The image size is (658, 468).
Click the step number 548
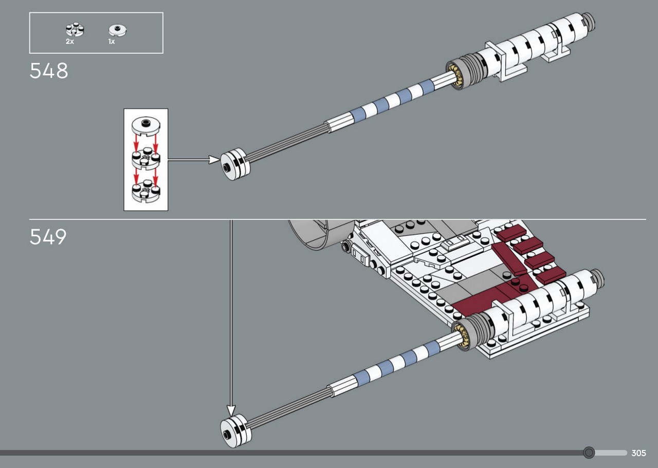coord(48,71)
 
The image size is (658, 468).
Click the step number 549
coord(48,237)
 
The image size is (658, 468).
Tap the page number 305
coord(638,453)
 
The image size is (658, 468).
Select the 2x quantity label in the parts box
coord(69,42)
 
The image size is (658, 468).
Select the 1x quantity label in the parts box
coord(112,42)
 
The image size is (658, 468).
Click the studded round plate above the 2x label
coord(75,30)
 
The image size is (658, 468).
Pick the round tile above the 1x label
coord(118,30)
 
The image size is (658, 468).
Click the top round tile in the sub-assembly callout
coord(145,126)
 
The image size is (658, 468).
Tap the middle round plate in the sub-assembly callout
coord(145,159)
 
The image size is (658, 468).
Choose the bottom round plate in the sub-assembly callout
coord(145,192)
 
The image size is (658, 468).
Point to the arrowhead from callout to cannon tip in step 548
coord(214,160)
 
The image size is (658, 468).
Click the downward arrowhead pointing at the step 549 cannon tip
coord(231,410)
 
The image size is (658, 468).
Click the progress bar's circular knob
coord(589,453)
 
